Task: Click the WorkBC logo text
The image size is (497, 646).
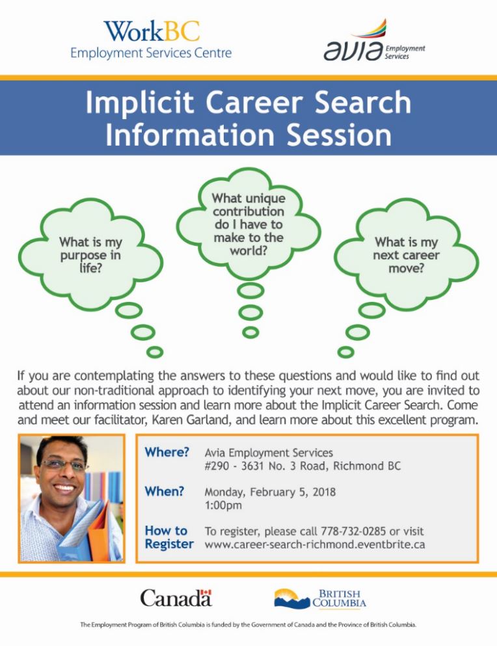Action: click(152, 31)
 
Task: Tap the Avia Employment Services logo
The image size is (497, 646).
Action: click(374, 40)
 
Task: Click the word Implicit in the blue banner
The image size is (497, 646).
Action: click(139, 102)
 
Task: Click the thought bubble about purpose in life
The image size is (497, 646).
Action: click(90, 254)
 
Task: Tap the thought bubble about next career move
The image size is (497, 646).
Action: click(407, 254)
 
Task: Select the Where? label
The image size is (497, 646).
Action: click(167, 452)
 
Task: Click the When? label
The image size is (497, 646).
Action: click(165, 492)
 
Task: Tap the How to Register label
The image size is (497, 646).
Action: click(169, 537)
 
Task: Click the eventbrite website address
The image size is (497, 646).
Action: click(315, 545)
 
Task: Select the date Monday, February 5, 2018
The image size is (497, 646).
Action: click(271, 492)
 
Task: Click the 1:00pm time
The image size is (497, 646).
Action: click(223, 505)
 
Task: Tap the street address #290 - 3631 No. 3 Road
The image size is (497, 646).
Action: click(266, 466)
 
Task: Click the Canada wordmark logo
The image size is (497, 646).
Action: click(176, 598)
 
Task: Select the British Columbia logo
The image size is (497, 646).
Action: click(320, 599)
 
